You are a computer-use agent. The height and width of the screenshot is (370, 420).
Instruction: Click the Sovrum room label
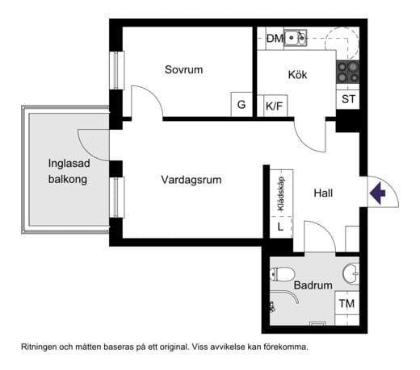pos(183,70)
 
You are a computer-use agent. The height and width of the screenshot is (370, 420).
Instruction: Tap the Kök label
pos(298,75)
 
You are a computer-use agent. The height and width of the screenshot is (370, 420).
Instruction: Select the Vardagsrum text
pos(191,179)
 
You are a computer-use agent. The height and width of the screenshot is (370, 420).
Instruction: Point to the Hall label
pos(323,193)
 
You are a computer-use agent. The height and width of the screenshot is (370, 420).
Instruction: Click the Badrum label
pos(313,285)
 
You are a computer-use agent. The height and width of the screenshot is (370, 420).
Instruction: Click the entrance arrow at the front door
pos(377,193)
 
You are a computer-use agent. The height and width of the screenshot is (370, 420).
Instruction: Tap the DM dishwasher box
pos(275,38)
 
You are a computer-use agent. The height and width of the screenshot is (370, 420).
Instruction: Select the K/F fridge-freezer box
pos(274,105)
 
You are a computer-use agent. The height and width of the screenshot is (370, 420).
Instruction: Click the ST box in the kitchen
pos(348,99)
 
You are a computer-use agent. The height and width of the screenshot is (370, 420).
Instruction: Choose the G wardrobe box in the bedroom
pos(241,105)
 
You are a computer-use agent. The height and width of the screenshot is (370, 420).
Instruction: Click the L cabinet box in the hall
pos(280,227)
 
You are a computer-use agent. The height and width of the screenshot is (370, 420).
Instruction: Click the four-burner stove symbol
pos(348,71)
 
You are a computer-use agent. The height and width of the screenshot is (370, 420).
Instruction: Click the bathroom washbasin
pos(351,272)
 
